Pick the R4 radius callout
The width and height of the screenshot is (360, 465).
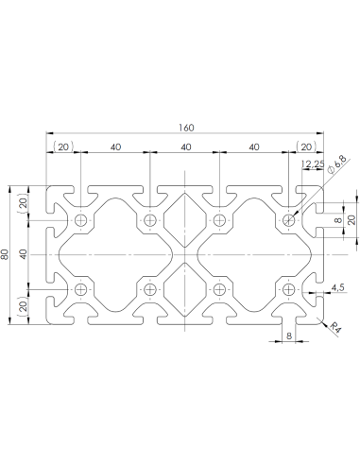(x=334, y=327)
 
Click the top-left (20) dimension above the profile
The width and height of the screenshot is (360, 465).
(x=63, y=146)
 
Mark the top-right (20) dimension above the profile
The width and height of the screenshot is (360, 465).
(x=305, y=146)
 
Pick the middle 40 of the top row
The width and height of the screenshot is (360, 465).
(x=184, y=146)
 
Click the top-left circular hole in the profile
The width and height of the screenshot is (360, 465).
(x=81, y=221)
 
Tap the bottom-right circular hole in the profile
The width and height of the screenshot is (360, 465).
(x=288, y=289)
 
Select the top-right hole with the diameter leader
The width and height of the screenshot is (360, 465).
(x=288, y=221)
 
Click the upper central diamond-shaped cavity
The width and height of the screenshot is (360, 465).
(x=184, y=217)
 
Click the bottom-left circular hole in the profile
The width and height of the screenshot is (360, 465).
(x=81, y=289)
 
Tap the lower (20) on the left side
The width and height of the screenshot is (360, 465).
(x=24, y=307)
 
